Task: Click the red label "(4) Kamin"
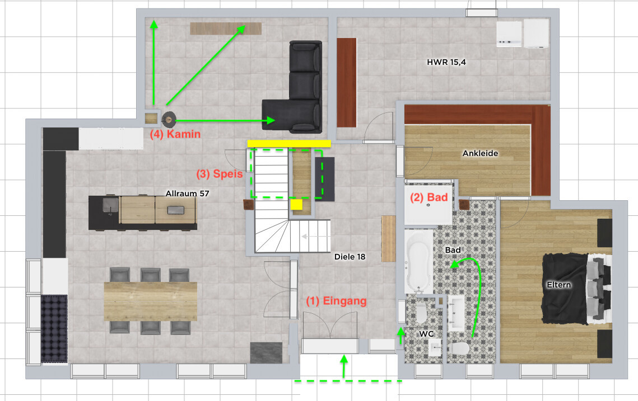point(175,134)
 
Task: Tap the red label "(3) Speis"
point(220,174)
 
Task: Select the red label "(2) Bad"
point(429,197)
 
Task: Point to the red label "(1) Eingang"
point(337,301)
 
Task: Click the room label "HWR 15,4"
point(446,62)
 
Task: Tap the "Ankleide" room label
point(480,153)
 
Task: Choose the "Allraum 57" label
point(187,194)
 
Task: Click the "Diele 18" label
point(350,257)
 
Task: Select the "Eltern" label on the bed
point(558,285)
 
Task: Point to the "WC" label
point(426,334)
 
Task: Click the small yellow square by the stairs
point(296,204)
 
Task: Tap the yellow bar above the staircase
point(289,143)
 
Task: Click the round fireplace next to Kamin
point(169,120)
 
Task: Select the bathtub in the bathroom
point(418,261)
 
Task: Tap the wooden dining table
point(151,301)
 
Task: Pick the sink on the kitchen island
point(110,204)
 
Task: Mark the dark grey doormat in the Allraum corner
point(266,353)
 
